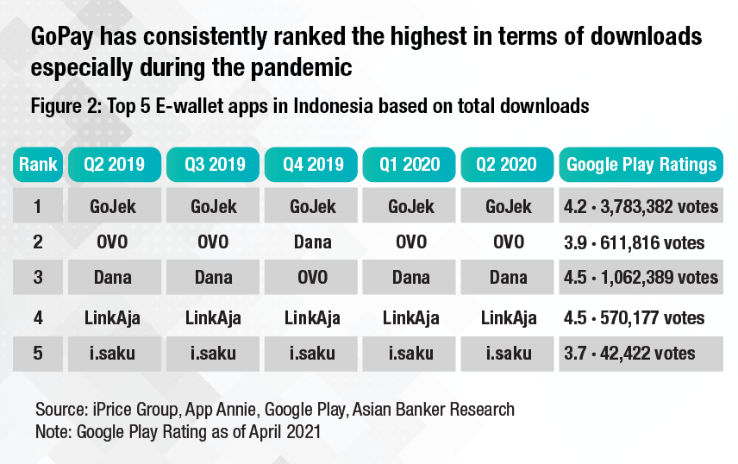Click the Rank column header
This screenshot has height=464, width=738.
(38, 164)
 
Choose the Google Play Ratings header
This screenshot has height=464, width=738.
(641, 164)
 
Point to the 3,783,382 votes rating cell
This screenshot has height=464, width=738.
(641, 207)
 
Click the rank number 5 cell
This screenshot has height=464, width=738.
(38, 353)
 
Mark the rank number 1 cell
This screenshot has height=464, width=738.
(38, 207)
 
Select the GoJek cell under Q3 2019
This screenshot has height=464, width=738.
(213, 207)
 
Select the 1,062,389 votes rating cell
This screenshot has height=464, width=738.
(641, 277)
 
